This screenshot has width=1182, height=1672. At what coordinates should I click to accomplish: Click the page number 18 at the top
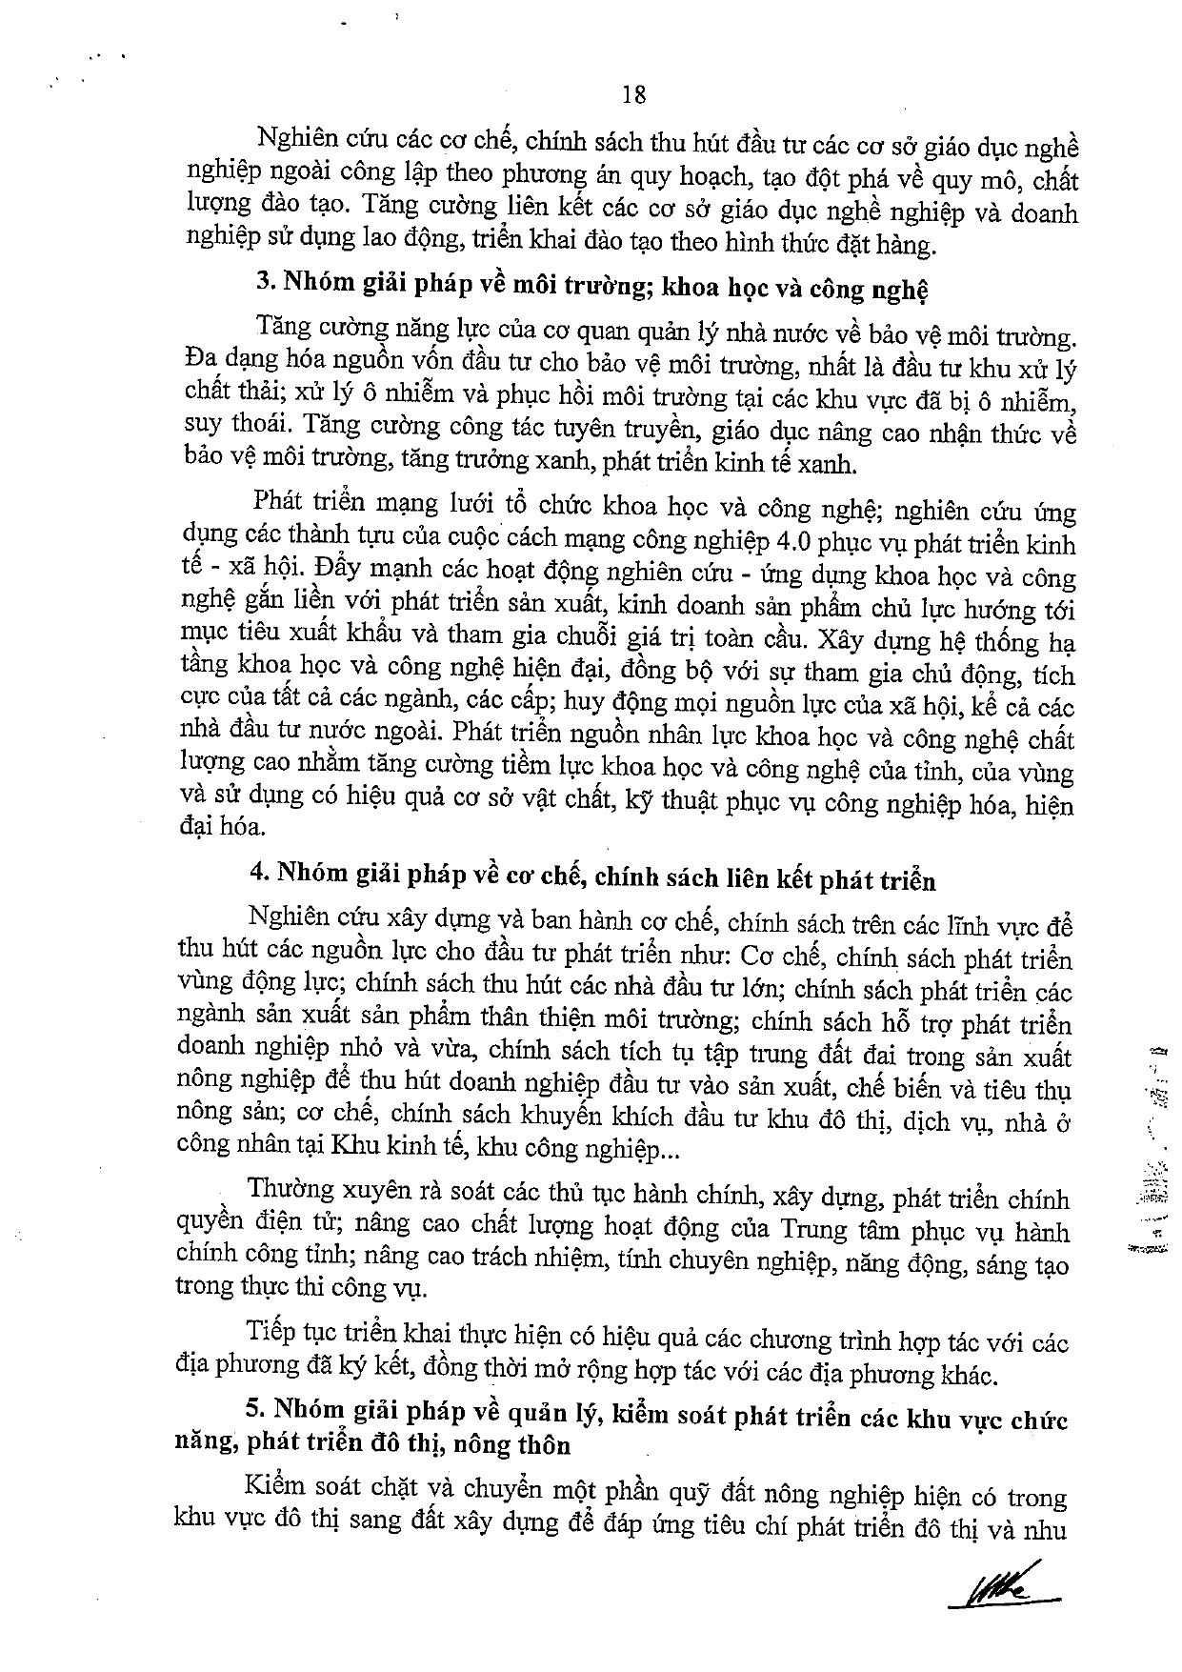pyautogui.click(x=633, y=95)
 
